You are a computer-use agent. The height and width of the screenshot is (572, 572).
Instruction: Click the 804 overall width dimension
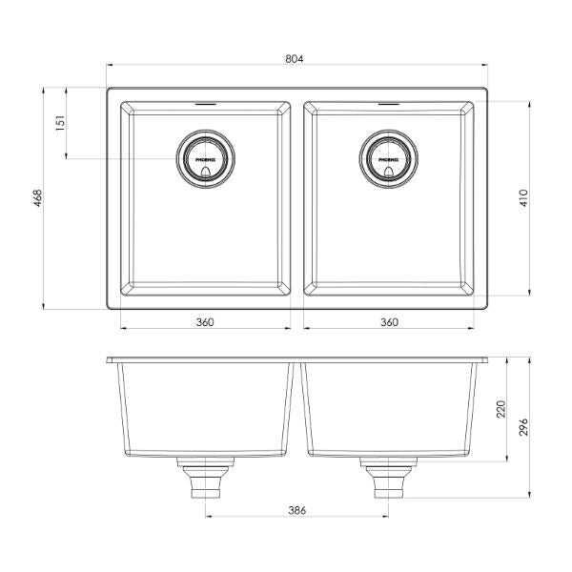point(295,59)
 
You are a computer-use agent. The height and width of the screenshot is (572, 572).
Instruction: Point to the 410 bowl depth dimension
point(523,198)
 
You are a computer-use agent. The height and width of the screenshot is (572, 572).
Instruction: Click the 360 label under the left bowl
point(204,321)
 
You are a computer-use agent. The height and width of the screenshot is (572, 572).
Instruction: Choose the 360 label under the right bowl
point(388,321)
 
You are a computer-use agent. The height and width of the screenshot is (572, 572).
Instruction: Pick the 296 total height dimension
point(523,428)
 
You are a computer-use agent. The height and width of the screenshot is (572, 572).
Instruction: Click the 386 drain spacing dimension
point(296,511)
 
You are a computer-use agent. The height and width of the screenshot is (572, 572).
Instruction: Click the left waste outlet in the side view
point(204,478)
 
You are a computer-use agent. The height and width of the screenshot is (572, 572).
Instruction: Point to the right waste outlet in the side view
point(388,478)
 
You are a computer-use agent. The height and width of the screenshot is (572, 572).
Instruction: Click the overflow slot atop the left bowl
point(204,101)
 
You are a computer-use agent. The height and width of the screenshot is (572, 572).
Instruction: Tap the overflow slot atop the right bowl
point(388,101)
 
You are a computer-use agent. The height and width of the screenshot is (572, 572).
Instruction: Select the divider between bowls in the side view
point(297,405)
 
